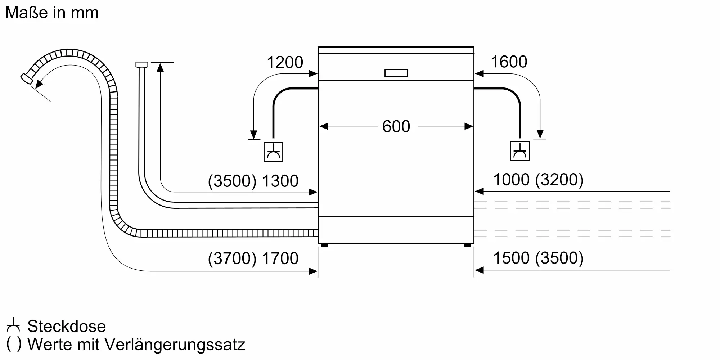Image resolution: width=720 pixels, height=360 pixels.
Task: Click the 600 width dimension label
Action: pos(396,126)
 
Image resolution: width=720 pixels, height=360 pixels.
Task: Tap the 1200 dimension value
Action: pos(285,62)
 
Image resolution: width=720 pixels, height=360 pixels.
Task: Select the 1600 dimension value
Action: pos(509,62)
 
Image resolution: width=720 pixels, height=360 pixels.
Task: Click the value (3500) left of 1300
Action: pos(233,181)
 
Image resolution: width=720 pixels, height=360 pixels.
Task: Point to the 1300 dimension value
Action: pos(280,181)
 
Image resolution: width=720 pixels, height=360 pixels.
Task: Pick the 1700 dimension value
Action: pos(280,258)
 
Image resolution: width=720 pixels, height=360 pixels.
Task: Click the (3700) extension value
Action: pos(233,258)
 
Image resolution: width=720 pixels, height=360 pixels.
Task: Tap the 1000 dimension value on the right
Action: pos(511,179)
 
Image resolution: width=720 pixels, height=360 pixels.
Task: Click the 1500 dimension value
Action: pos(511,258)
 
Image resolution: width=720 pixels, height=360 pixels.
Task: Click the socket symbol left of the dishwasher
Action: pos(273,152)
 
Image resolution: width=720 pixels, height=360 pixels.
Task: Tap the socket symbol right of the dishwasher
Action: pos(519,151)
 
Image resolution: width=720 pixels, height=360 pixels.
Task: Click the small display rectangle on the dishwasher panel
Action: pos(396,73)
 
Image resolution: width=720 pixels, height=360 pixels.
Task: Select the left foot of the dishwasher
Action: pos(324,246)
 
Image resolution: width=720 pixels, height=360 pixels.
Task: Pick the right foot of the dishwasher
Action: pos(467,246)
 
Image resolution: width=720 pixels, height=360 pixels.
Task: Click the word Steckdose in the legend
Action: pos(67,326)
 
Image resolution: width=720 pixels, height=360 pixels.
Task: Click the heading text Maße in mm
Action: pos(52,13)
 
